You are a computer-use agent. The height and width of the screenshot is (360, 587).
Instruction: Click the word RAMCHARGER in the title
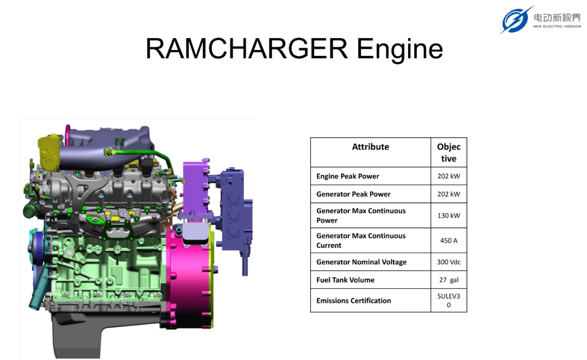pos(247,48)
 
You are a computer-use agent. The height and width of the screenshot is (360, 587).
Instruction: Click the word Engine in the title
pos(400,50)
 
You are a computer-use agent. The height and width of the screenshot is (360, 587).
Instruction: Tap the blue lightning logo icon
pos(516,20)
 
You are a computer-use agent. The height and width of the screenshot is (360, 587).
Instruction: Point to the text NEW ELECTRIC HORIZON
pos(557,26)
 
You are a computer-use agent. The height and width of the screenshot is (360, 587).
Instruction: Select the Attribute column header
pos(370,147)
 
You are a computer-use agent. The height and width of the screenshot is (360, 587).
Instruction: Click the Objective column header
pos(448,152)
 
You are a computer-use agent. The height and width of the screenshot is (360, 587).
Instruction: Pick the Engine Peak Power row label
pos(347,176)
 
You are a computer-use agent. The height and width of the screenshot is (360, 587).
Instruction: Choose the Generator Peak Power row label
pos(353,194)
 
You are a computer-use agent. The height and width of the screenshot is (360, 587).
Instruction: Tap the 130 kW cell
pos(448,215)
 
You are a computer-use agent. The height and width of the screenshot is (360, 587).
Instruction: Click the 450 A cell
pos(448,240)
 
